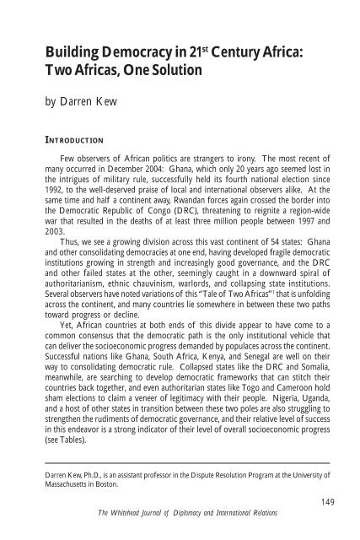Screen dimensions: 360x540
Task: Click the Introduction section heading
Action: pos(78,143)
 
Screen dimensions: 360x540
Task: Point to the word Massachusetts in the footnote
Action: pos(76,513)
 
